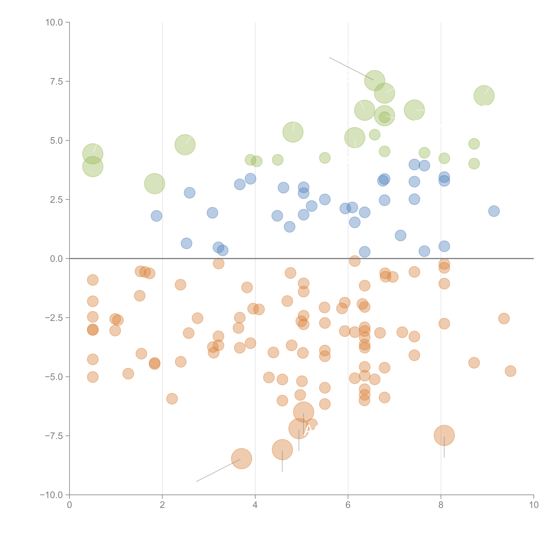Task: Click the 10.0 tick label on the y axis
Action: (54, 22)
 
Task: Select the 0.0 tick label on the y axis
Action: (56, 259)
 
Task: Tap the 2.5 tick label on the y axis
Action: (56, 200)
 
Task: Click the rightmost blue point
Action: (494, 211)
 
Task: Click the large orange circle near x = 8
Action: (444, 435)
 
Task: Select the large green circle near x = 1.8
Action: (155, 184)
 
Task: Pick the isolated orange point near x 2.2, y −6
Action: (172, 399)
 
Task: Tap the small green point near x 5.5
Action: (325, 158)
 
